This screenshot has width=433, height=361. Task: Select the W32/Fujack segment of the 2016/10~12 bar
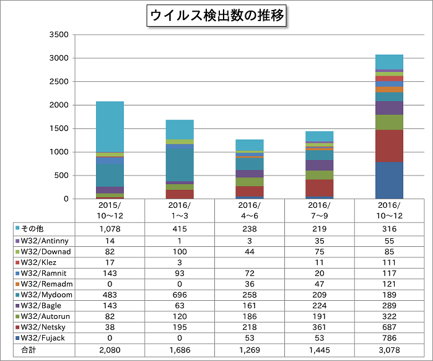pyautogui.click(x=388, y=180)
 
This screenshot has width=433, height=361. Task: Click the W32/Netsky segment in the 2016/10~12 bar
pyautogui.click(x=388, y=146)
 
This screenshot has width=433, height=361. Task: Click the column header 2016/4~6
pyautogui.click(x=250, y=210)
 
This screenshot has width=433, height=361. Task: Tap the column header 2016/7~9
pyautogui.click(x=319, y=210)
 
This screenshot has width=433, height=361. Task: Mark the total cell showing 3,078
pyautogui.click(x=389, y=350)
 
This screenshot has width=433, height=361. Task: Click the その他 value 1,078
pyautogui.click(x=110, y=228)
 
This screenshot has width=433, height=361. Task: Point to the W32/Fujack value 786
pyautogui.click(x=389, y=339)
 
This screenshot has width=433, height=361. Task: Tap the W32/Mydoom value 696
pyautogui.click(x=180, y=295)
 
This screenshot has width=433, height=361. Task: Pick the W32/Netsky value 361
pyautogui.click(x=319, y=328)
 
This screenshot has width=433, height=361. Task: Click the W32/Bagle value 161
pyautogui.click(x=250, y=306)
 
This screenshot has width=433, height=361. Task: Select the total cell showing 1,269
pyautogui.click(x=250, y=350)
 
